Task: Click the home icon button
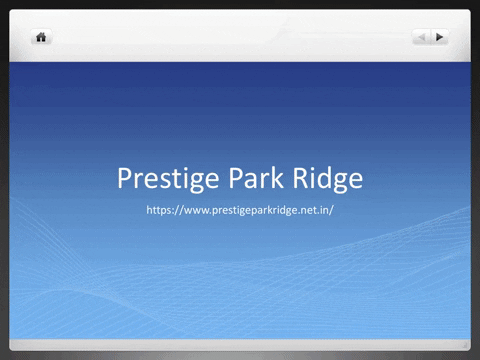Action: (42, 37)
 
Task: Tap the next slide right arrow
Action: (440, 37)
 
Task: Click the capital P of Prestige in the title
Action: (125, 179)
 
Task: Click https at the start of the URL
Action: (160, 211)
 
